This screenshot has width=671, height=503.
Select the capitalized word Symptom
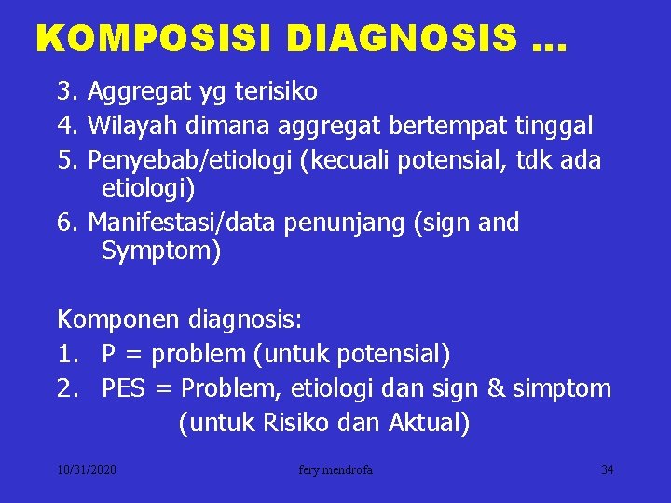[161, 251]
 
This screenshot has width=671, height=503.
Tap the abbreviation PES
[124, 388]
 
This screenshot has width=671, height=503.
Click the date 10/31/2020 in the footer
[87, 470]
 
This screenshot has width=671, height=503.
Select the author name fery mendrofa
[335, 470]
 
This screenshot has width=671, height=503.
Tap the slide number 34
[607, 470]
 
